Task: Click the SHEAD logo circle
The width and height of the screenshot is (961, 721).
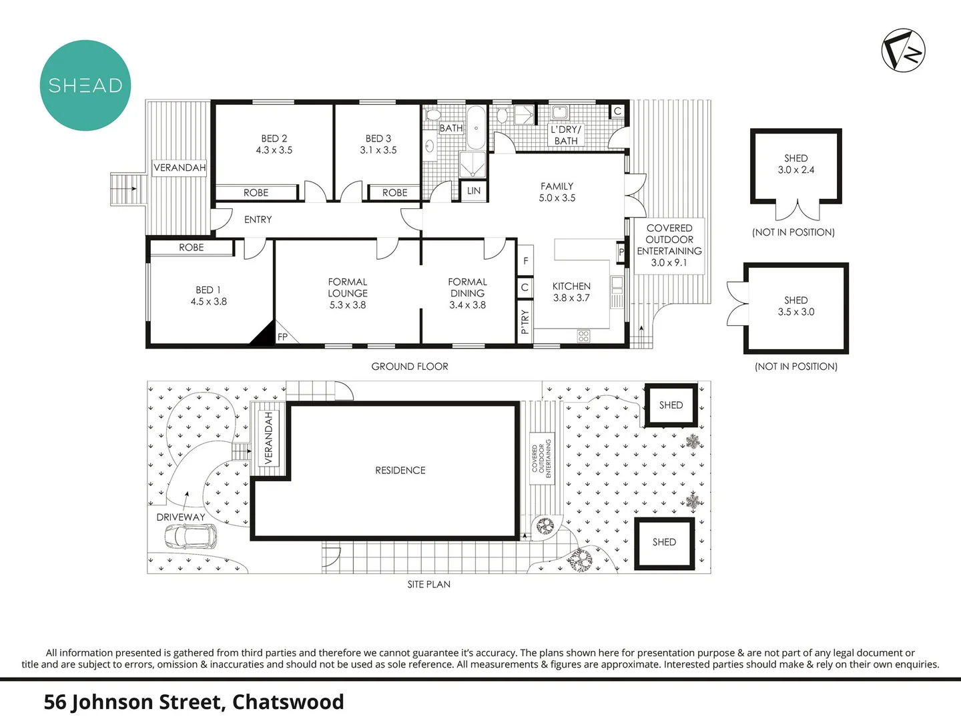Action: [85, 85]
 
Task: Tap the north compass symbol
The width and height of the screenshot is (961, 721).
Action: [903, 50]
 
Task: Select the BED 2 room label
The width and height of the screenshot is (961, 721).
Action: [274, 144]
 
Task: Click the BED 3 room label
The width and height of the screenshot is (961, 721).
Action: [378, 144]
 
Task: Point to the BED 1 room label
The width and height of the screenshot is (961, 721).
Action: [208, 296]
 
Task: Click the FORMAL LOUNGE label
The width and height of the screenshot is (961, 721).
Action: [348, 293]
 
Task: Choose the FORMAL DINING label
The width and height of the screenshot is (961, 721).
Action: [467, 293]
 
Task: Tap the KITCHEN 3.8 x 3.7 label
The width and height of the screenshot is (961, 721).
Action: [571, 292]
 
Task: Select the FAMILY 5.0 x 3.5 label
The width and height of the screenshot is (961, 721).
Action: [557, 192]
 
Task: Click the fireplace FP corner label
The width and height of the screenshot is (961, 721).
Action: [282, 337]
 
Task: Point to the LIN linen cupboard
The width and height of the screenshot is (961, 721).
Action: [474, 191]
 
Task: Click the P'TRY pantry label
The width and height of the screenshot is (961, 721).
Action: [525, 322]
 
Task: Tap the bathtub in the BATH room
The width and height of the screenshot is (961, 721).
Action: [475, 128]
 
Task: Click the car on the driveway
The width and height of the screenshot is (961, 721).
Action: [191, 535]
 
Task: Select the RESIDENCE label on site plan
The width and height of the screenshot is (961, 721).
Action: [400, 471]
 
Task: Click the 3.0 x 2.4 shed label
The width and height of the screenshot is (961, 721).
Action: [795, 164]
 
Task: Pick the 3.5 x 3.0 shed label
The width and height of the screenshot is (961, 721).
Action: [795, 306]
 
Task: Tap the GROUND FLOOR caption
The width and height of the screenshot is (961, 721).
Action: [410, 367]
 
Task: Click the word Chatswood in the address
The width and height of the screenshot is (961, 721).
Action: [288, 702]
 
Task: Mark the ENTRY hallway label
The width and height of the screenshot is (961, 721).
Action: [258, 220]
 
